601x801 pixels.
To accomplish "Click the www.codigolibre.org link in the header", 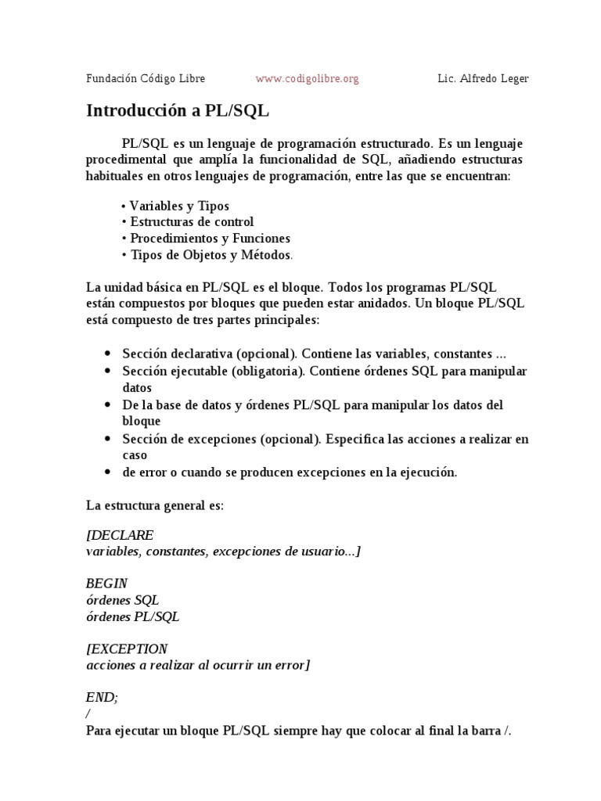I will (307, 79).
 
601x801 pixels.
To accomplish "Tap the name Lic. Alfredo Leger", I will (483, 79).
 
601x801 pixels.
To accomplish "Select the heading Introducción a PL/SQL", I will (177, 110).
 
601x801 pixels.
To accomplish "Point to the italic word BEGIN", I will (106, 584).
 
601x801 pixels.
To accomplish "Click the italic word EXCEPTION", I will (129, 648).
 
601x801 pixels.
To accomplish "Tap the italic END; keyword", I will (102, 697).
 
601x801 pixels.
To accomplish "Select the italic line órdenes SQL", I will (122, 600).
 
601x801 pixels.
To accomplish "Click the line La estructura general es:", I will (155, 505).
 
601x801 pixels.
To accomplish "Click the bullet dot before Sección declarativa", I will (107, 354).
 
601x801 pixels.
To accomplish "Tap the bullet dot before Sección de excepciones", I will (107, 439).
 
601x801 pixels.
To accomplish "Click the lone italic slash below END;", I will (88, 713).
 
